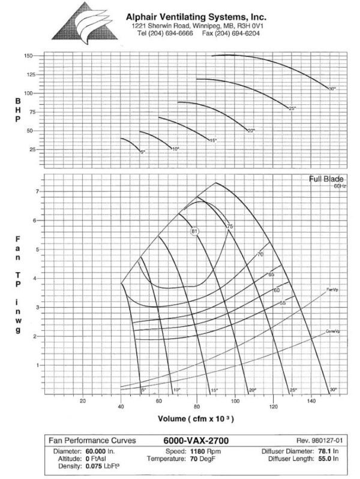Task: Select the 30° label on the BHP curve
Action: click(x=332, y=89)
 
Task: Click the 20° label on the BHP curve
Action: click(x=251, y=130)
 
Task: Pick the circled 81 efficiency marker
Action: click(x=194, y=231)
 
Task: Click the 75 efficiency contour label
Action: click(x=229, y=227)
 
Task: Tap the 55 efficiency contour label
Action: click(x=282, y=303)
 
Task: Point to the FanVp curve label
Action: click(x=332, y=290)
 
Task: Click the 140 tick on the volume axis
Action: click(x=311, y=402)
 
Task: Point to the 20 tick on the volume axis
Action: click(x=83, y=402)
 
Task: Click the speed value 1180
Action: click(x=190, y=450)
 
